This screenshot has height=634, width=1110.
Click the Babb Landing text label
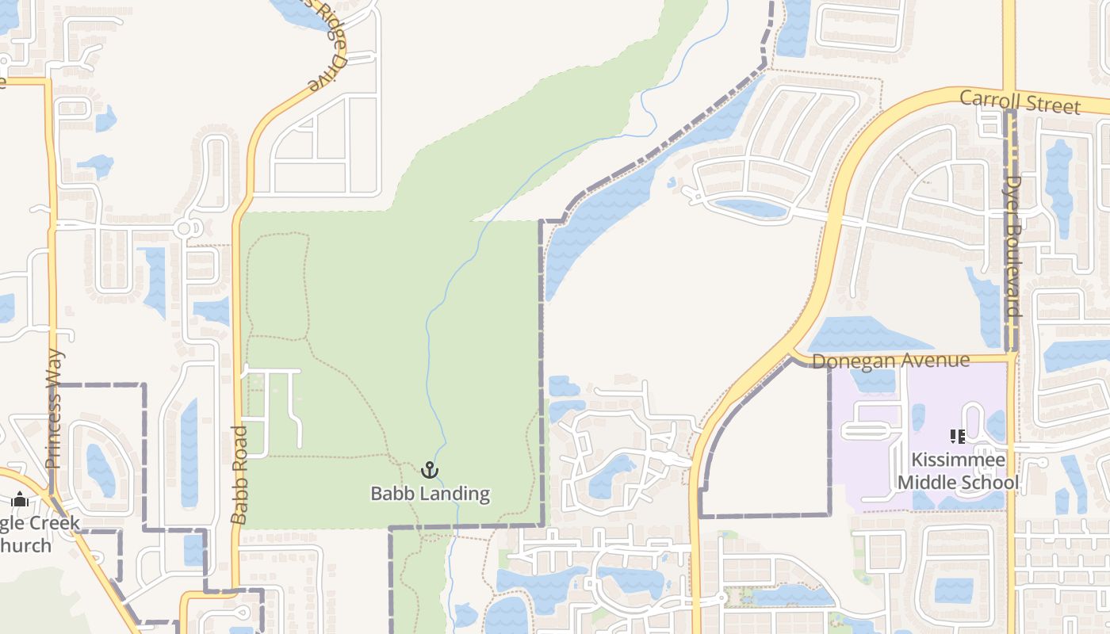pos(430,494)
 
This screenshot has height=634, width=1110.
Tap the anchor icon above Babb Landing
pos(429,470)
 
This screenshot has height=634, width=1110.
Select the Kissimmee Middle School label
pos(958,472)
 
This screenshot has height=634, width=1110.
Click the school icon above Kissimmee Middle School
pos(957,437)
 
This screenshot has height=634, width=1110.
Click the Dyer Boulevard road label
pos(1012,246)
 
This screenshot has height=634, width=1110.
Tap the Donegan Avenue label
pos(890,361)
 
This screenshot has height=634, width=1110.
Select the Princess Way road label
pos(54,409)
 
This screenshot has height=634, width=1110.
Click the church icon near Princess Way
pos(20,499)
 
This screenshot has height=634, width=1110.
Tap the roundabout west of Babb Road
pos(185,228)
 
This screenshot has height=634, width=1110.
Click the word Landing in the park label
pos(454,494)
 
